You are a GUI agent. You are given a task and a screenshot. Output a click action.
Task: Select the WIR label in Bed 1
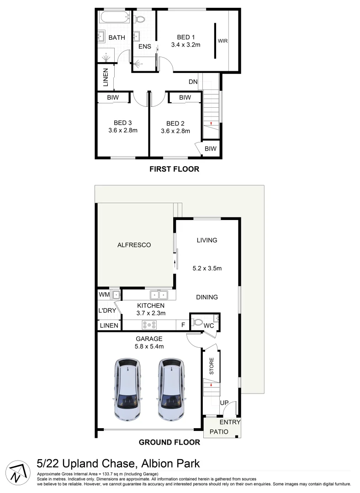223,41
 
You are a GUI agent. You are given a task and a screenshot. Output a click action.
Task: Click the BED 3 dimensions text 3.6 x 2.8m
123,131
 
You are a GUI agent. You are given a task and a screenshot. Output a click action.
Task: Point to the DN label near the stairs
193,82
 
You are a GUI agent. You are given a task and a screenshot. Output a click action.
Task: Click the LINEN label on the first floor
106,78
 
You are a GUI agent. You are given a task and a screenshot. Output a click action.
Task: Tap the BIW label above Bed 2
185,98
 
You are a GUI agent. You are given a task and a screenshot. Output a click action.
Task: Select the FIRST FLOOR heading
175,169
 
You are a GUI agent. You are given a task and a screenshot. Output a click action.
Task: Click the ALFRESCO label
134,245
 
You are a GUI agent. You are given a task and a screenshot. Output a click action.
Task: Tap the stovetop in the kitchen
149,325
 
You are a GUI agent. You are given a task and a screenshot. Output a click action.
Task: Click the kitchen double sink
158,295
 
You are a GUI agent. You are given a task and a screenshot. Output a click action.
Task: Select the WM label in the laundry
103,294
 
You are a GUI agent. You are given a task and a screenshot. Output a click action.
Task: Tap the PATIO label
218,432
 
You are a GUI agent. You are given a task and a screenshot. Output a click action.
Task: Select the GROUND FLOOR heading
169,442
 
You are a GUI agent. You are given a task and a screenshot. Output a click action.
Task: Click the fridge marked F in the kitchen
183,325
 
